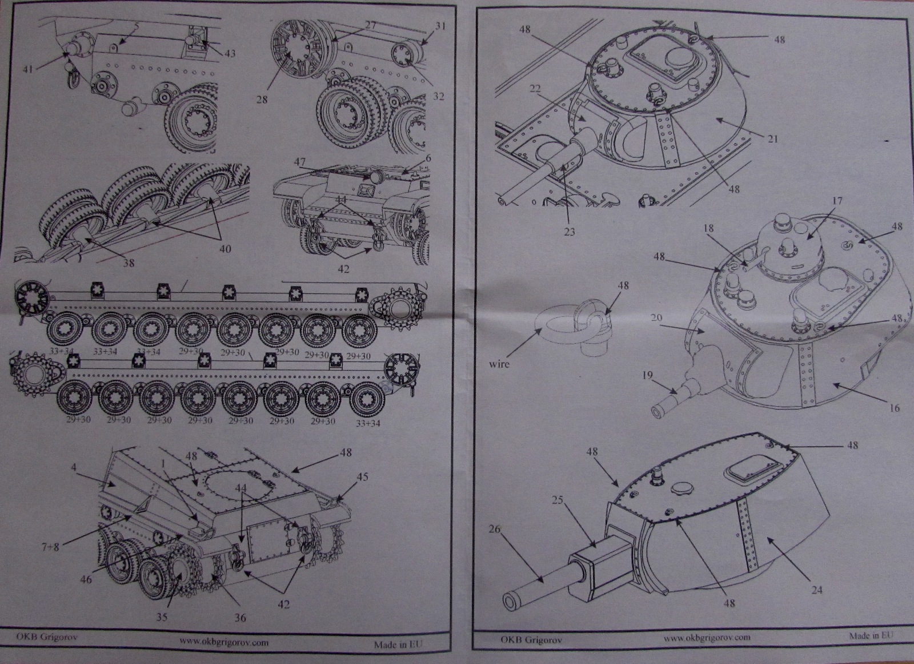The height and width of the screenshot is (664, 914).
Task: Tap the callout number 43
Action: pos(230,54)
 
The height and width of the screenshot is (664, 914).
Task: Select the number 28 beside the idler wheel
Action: pos(262,100)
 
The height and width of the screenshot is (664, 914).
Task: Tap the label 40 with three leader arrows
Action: pos(226,248)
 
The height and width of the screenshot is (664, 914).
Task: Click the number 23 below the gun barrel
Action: pos(569,232)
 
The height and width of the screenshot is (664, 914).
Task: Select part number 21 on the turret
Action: pos(773,139)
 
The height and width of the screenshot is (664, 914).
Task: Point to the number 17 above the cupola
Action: pos(837,201)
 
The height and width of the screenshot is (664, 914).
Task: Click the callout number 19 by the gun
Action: pos(647,376)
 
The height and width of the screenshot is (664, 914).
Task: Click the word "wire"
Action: pos(499,363)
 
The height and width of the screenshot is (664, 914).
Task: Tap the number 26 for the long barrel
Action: pos(495,529)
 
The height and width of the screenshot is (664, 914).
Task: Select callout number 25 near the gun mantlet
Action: pos(558,500)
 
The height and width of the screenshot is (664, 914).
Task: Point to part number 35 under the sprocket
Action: pos(162,617)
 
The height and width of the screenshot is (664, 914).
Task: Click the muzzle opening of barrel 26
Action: pos(508,600)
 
